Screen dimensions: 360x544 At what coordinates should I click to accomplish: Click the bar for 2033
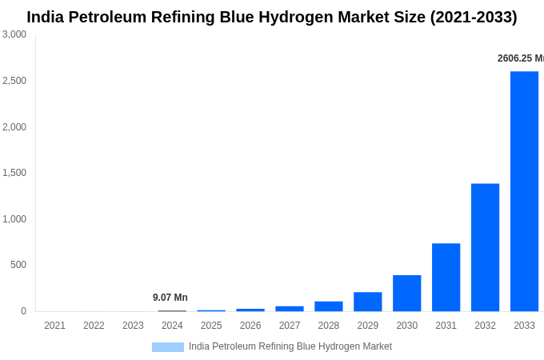[x=524, y=191]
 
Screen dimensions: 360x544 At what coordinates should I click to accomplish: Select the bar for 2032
[x=485, y=247]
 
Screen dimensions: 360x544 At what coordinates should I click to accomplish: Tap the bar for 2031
[x=446, y=277]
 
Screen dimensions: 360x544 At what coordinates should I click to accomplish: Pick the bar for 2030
[x=406, y=293]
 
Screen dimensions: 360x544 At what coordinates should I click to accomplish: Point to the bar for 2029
[x=367, y=302]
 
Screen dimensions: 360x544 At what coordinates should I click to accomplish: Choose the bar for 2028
[x=328, y=306]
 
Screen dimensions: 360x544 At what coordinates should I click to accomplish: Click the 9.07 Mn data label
[x=170, y=298]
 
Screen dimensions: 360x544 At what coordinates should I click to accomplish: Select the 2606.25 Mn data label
[x=521, y=58]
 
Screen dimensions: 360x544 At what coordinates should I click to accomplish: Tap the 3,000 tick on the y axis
[x=14, y=34]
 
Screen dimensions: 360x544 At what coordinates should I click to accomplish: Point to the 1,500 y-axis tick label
[x=14, y=173]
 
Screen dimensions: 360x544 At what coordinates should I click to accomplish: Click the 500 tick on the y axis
[x=18, y=265]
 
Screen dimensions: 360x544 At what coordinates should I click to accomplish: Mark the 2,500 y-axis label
[x=14, y=81]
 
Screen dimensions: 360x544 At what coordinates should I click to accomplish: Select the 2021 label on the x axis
[x=54, y=326]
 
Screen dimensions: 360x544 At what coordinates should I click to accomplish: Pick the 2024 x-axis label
[x=172, y=326]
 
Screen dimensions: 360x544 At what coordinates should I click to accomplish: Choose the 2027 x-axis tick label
[x=290, y=326]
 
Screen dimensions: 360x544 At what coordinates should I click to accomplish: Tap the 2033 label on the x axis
[x=524, y=326]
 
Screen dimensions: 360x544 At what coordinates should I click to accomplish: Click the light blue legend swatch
[x=168, y=347]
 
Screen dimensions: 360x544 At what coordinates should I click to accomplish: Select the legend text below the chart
[x=290, y=346]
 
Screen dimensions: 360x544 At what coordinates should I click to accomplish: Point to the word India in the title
[x=46, y=17]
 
